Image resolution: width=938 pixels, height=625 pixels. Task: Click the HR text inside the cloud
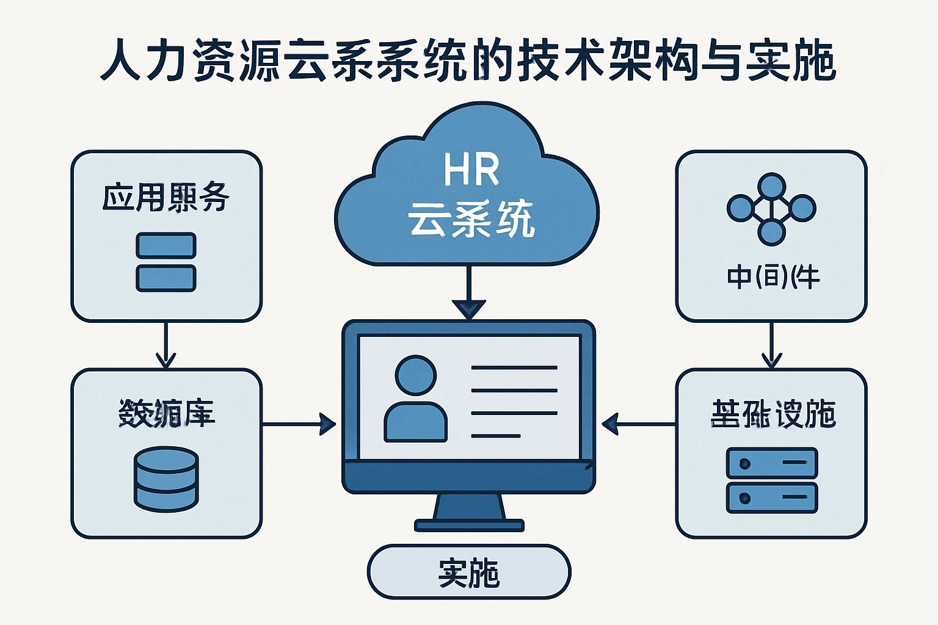pos(471,170)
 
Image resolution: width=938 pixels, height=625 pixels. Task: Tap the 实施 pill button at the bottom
pos(468,572)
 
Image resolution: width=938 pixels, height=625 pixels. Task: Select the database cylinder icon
pos(166,479)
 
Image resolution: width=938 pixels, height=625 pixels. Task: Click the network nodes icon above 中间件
pos(771,209)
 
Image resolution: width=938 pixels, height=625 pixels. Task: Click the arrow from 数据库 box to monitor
pos(299,424)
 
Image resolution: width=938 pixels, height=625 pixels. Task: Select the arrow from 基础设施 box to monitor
pos(639,424)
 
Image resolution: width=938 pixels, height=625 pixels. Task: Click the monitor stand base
pos(469,525)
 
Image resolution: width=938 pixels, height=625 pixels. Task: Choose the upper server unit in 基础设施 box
pos(771,463)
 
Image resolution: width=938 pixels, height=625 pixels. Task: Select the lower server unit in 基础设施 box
pos(771,497)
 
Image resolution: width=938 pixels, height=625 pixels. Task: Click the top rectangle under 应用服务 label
pos(165,245)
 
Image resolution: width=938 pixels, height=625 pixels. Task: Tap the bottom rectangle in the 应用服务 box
pos(165,278)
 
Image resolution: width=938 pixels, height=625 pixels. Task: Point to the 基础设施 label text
pos(773,414)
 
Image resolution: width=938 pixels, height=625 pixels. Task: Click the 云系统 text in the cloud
pos(471,219)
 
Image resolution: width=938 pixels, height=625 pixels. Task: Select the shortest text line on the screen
pos(495,436)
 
